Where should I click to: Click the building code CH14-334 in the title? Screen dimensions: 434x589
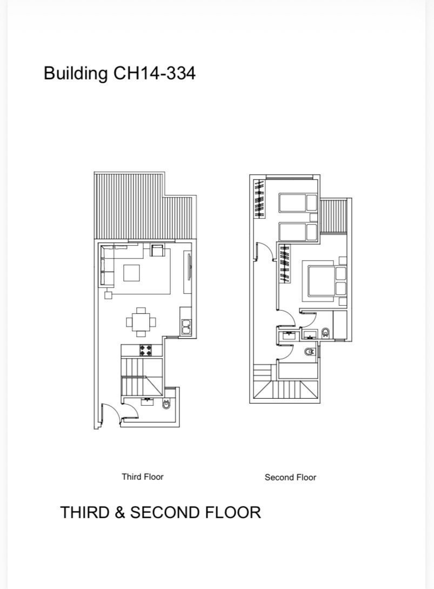pyautogui.click(x=154, y=73)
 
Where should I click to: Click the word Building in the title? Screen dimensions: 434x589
pyautogui.click(x=76, y=73)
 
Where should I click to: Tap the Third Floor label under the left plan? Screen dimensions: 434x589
pyautogui.click(x=142, y=477)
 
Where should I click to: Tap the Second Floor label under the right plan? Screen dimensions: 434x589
pyautogui.click(x=290, y=478)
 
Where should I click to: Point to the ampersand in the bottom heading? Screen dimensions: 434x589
pyautogui.click(x=120, y=513)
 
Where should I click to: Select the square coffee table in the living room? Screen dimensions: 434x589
pyautogui.click(x=131, y=273)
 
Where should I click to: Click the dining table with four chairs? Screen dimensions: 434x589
pyautogui.click(x=141, y=322)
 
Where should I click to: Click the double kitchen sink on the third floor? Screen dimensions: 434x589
pyautogui.click(x=186, y=327)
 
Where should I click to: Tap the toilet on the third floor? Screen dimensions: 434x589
pyautogui.click(x=166, y=405)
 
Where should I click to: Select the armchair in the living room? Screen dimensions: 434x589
pyautogui.click(x=158, y=250)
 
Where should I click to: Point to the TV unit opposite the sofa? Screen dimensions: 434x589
pyautogui.click(x=188, y=267)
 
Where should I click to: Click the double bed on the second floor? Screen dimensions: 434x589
pyautogui.click(x=324, y=281)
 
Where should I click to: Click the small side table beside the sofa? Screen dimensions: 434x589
pyautogui.click(x=108, y=295)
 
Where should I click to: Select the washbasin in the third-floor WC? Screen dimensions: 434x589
pyautogui.click(x=146, y=401)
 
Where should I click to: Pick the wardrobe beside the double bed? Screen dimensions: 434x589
pyautogui.click(x=285, y=263)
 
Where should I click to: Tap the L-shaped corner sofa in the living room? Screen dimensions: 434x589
pyautogui.click(x=113, y=263)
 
